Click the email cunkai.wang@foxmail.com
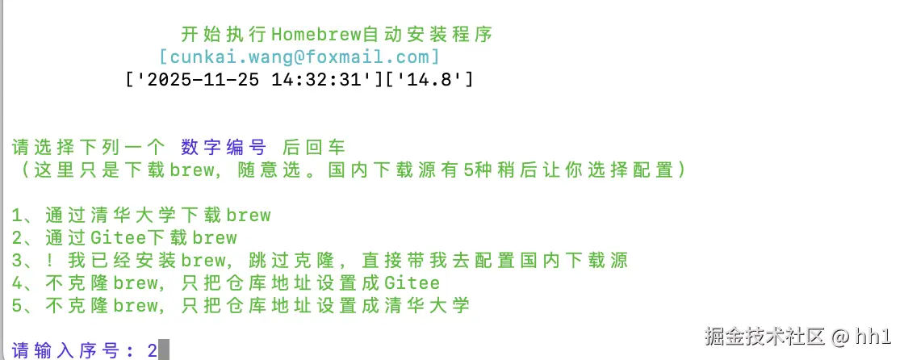[299, 57]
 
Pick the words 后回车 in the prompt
[314, 148]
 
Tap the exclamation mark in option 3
[50, 261]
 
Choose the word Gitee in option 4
[412, 283]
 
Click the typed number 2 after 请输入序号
[152, 351]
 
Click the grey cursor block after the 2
[164, 351]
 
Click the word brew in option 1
[249, 216]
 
